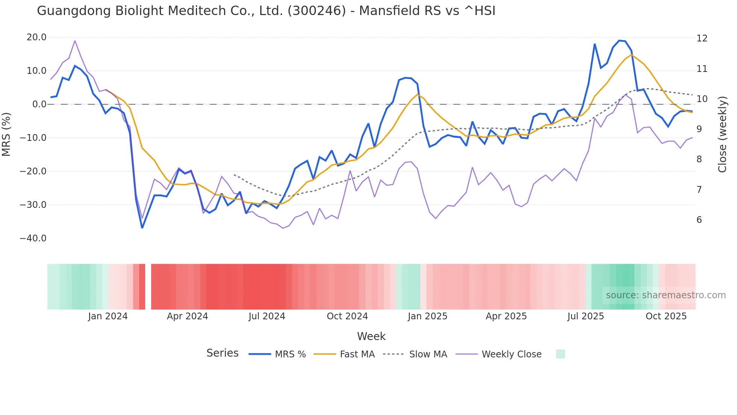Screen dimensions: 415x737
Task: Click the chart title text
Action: coord(266,11)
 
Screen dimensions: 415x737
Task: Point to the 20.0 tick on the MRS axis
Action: coord(36,37)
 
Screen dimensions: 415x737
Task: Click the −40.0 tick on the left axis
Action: coord(33,238)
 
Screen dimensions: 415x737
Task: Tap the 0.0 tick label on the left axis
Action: coord(39,104)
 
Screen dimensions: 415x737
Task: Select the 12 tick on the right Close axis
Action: coord(702,38)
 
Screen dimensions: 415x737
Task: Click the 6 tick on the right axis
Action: coord(699,220)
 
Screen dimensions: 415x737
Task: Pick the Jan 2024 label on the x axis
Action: coord(108,316)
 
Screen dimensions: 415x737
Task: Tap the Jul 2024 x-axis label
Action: coord(267,316)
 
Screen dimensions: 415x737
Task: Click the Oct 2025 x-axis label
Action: coord(666,316)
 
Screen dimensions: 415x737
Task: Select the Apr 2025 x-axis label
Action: coord(506,316)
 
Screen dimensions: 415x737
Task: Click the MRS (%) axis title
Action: coord(6,134)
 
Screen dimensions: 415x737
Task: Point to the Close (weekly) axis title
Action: coord(722,134)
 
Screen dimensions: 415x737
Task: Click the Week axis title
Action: coord(371,336)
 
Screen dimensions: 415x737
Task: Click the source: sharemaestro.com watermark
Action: coord(666,295)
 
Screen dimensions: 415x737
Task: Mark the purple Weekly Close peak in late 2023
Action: coord(75,41)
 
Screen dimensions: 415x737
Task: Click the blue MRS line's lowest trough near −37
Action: coord(142,228)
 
